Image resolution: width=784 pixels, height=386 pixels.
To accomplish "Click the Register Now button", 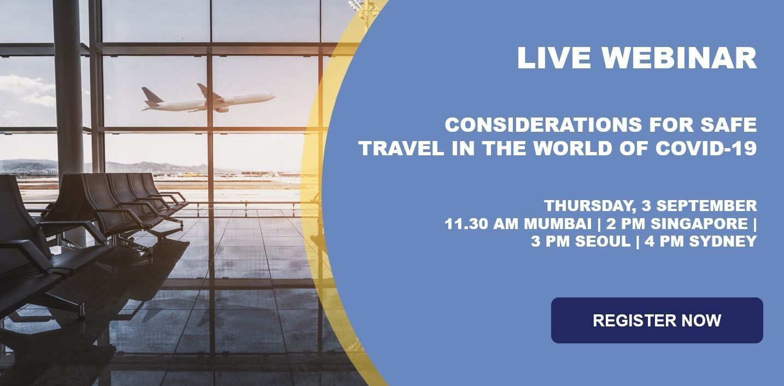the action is (657, 320).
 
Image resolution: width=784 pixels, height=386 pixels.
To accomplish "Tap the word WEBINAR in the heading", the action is (680, 58).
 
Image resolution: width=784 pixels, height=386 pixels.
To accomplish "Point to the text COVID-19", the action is (706, 148).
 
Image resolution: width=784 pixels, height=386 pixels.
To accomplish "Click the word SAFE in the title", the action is (729, 125).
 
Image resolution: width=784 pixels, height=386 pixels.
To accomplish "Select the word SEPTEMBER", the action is (706, 206).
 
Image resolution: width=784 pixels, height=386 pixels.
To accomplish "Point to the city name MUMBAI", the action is (558, 224).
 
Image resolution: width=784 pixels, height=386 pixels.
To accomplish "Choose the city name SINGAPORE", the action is (699, 224).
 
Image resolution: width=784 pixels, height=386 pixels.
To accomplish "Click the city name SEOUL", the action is (602, 242).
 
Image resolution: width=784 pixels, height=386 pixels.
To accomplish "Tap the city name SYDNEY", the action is (723, 242).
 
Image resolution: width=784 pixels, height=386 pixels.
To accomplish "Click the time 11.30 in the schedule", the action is (465, 224).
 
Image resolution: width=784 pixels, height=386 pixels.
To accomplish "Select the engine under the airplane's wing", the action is (223, 109).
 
